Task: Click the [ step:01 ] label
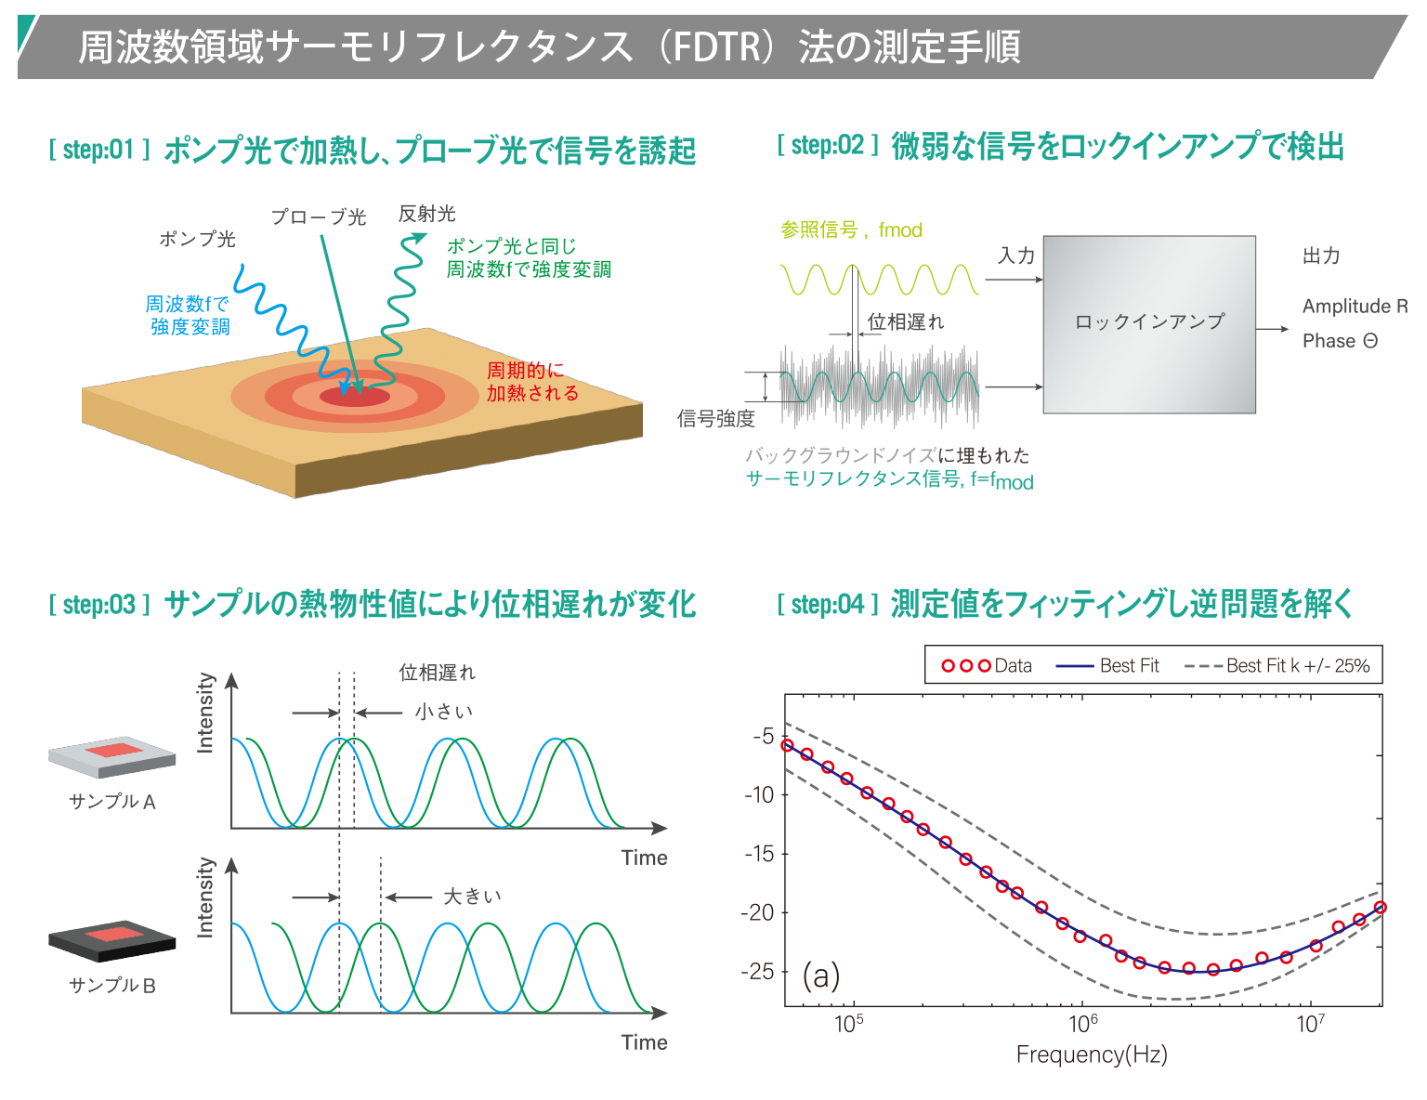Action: point(99,150)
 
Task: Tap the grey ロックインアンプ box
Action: point(1149,323)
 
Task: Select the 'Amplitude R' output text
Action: point(1355,306)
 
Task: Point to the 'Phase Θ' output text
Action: point(1340,341)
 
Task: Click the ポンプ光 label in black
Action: point(197,239)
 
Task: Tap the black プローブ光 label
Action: point(319,217)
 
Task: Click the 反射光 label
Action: point(427,214)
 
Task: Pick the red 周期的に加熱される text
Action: point(532,382)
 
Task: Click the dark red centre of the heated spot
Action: point(355,397)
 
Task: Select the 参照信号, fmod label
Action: point(851,229)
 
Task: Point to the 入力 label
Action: point(1016,255)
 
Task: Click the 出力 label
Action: point(1321,255)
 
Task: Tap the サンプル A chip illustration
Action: point(112,757)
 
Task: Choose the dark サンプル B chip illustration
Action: point(112,941)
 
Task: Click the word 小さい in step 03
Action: point(444,712)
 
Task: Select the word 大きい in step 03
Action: point(472,896)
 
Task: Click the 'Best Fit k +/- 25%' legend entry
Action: point(1277,665)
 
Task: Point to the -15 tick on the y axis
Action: point(760,853)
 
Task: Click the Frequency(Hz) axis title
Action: point(1092,1054)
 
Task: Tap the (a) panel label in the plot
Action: point(821,976)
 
